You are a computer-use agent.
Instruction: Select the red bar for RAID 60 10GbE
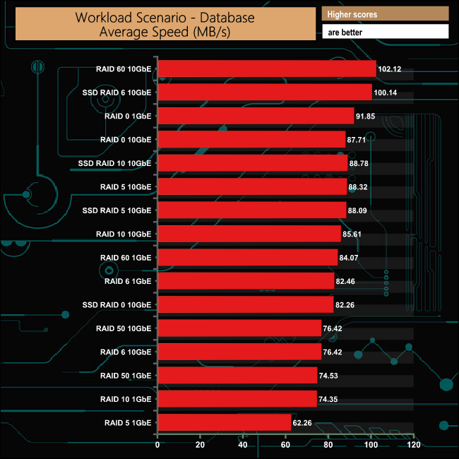pyautogui.click(x=266, y=68)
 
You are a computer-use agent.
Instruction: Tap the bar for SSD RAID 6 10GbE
pyautogui.click(x=264, y=92)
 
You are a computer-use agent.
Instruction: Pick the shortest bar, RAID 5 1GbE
pyautogui.click(x=224, y=423)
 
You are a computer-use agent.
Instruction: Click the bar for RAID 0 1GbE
pyautogui.click(x=255, y=116)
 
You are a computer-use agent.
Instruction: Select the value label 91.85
pyautogui.click(x=367, y=117)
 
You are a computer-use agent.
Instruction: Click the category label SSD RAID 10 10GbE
pyautogui.click(x=115, y=163)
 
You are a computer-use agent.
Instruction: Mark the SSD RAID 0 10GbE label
pyautogui.click(x=117, y=305)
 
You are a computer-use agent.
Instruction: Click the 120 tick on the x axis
pyautogui.click(x=415, y=446)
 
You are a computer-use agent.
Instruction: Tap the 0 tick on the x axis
pyautogui.click(x=157, y=446)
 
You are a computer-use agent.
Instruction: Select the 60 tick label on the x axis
pyautogui.click(x=286, y=446)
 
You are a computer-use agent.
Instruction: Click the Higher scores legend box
pyautogui.click(x=385, y=14)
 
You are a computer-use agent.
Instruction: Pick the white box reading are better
pyautogui.click(x=385, y=32)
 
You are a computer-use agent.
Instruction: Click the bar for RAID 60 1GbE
pyautogui.click(x=247, y=258)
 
